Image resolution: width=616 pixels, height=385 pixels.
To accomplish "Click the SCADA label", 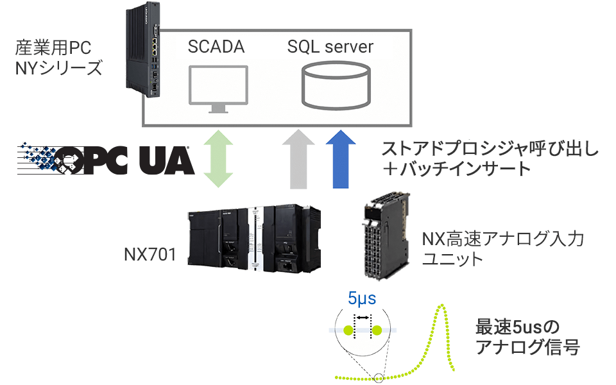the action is click(216, 47).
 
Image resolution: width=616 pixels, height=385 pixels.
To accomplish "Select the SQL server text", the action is click(330, 47).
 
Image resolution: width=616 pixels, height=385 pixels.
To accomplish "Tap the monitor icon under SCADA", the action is click(218, 89).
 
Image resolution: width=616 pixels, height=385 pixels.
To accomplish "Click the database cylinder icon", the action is click(336, 85).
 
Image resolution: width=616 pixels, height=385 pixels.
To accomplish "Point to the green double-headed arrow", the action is click(218, 158).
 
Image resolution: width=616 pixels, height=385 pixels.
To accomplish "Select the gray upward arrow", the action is click(298, 159).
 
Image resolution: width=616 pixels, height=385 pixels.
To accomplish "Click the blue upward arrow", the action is click(341, 159).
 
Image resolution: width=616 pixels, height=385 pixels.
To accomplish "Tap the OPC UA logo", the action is click(106, 159).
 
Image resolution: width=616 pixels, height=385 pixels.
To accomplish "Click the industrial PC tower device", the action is click(143, 49).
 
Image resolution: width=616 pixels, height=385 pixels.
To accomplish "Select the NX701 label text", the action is click(150, 254).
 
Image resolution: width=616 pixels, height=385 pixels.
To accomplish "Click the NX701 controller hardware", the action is click(254, 239).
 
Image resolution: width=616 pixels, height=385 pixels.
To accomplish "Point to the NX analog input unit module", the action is click(386, 235).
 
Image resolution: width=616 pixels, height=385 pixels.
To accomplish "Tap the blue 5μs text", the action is click(362, 298).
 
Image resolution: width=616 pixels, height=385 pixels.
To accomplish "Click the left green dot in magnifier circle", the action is click(348, 330).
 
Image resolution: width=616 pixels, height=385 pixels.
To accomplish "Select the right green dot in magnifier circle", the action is click(377, 330).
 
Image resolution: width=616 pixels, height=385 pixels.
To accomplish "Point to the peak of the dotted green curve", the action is click(442, 305).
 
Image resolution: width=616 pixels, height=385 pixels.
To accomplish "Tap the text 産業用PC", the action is click(53, 48).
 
